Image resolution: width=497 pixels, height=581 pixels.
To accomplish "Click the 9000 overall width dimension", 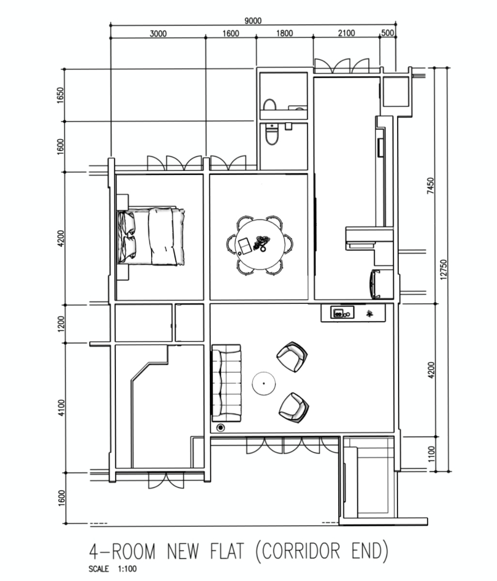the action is [x=253, y=21].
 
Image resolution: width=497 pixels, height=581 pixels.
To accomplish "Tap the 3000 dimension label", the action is [x=158, y=34].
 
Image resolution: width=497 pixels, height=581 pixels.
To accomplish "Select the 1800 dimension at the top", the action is [x=285, y=33].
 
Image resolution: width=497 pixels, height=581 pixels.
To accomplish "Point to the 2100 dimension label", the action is [x=346, y=33].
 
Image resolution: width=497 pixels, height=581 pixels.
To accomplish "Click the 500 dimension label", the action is [x=387, y=33].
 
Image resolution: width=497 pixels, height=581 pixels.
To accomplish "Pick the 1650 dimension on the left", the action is [x=60, y=95].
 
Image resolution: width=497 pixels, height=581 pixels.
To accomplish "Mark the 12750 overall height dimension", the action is [x=443, y=269].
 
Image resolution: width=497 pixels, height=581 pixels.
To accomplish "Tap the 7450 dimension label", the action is [x=430, y=185].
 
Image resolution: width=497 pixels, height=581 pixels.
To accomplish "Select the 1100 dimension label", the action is [x=431, y=454].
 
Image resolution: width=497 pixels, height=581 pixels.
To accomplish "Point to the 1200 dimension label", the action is [x=61, y=324].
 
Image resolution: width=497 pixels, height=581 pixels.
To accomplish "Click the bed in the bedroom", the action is [x=151, y=237].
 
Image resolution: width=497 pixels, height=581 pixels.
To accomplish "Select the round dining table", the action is [x=260, y=244].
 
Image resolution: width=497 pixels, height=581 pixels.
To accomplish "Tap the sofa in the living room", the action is [x=226, y=383].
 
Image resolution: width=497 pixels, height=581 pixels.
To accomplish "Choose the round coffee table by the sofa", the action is [x=263, y=383].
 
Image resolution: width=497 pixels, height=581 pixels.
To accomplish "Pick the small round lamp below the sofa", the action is [x=221, y=428].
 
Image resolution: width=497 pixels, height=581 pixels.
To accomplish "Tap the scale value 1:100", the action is [x=127, y=569].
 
